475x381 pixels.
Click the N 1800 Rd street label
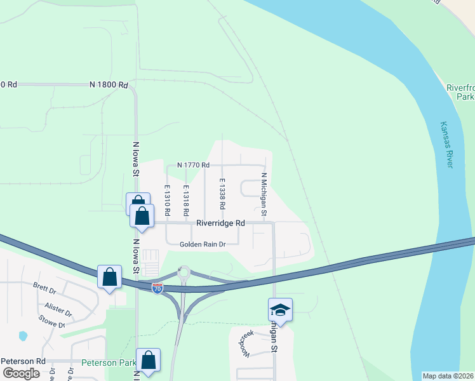click(x=109, y=84)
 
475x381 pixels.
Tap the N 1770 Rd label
click(x=193, y=165)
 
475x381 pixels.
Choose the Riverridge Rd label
click(x=220, y=223)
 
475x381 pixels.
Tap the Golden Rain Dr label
click(x=203, y=244)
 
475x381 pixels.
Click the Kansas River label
click(x=447, y=145)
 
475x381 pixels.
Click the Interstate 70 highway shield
click(x=157, y=288)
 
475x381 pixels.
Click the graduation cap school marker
click(x=280, y=309)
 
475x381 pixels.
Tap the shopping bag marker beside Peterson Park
click(x=148, y=360)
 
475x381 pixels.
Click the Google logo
click(x=22, y=373)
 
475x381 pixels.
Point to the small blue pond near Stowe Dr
click(x=23, y=335)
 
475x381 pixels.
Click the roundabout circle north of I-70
click(x=185, y=274)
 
